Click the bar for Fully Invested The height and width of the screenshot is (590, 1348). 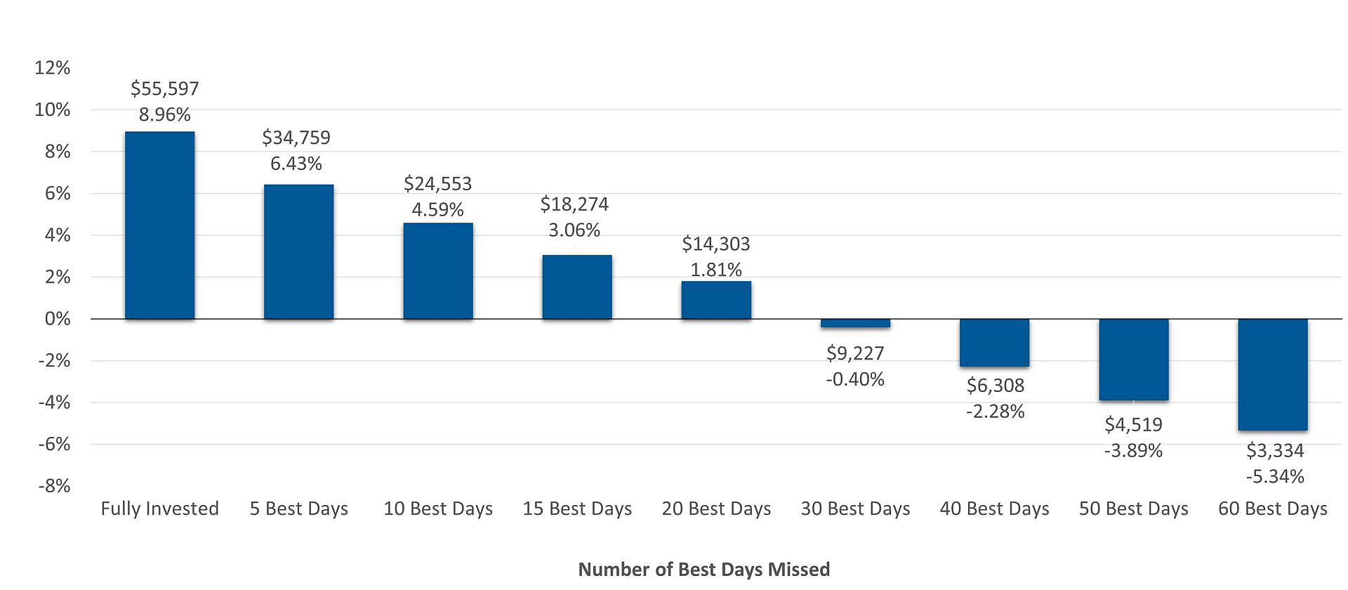point(159,225)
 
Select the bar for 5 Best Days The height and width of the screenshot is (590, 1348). point(298,251)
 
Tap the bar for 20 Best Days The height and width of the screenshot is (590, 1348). point(716,300)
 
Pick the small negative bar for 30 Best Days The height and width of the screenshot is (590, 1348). point(855,323)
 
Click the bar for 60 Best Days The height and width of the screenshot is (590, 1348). point(1272,374)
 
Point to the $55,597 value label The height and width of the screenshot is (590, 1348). point(165,88)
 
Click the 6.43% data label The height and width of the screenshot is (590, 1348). point(296,164)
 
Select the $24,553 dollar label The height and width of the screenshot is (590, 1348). point(437,184)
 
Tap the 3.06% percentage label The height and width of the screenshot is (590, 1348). point(574,230)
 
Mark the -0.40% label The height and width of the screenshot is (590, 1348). point(855,379)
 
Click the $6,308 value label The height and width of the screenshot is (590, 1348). point(995,386)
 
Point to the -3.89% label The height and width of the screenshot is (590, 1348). point(1133,451)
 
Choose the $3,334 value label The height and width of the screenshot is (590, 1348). point(1274,451)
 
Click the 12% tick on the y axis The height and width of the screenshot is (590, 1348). point(53,68)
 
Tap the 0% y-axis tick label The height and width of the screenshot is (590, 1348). point(58,319)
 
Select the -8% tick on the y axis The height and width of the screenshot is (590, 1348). point(54,486)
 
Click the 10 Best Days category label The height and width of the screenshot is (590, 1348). point(438,509)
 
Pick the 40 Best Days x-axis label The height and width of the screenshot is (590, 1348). point(994,509)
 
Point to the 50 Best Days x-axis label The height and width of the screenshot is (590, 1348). point(1133,509)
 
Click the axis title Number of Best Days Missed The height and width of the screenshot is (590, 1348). point(703,569)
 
